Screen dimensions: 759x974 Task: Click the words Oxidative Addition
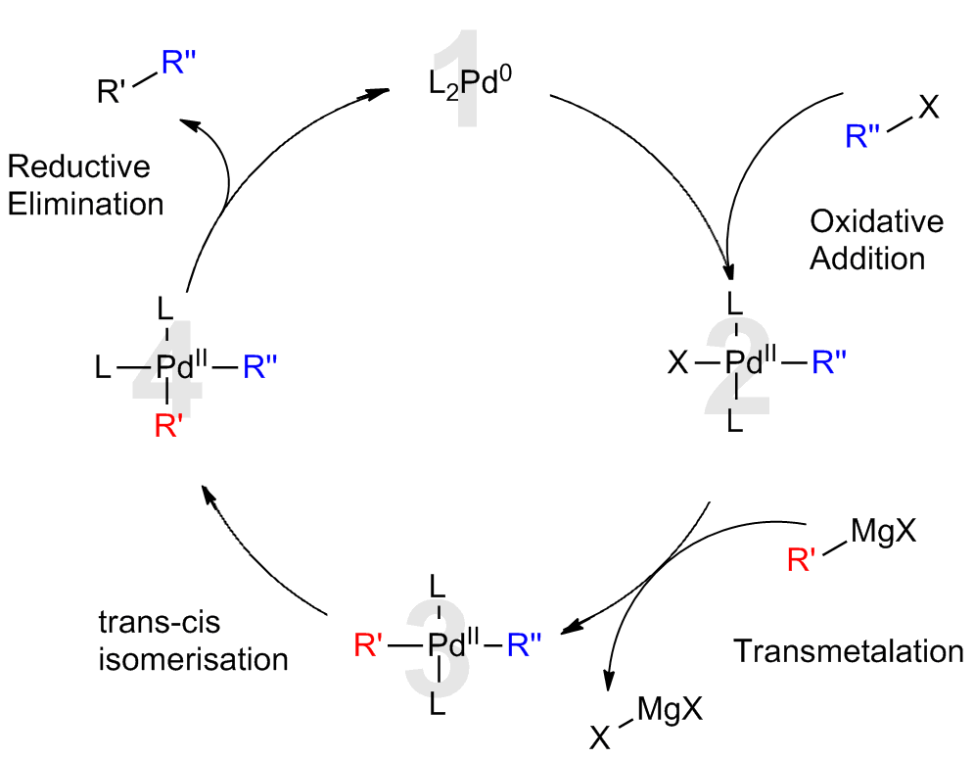[x=875, y=239]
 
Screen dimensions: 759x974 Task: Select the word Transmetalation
[x=848, y=651]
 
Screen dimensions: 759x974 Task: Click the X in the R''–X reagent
[x=928, y=106]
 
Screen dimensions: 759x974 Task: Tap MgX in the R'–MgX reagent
[x=884, y=533]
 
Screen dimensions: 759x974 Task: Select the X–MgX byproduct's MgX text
[x=670, y=709]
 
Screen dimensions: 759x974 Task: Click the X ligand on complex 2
[x=677, y=365]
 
